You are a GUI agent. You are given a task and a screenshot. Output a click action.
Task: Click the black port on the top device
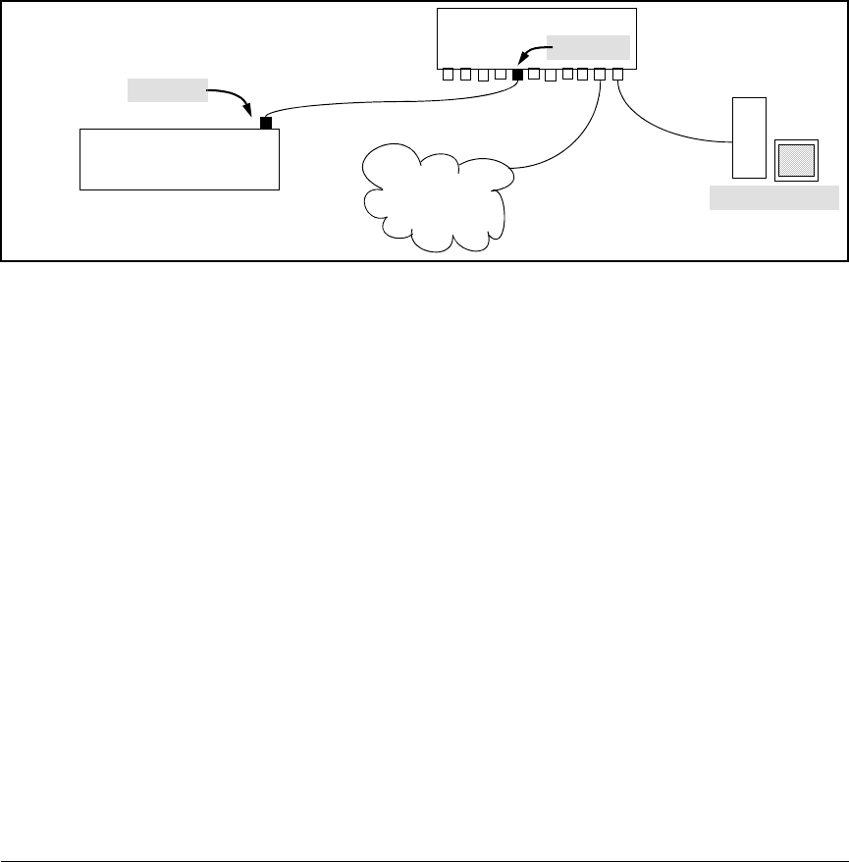click(518, 74)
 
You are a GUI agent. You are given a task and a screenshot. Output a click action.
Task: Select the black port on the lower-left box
click(265, 123)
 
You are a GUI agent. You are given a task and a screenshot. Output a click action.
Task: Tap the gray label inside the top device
click(588, 47)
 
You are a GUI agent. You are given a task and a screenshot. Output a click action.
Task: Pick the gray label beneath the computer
click(774, 199)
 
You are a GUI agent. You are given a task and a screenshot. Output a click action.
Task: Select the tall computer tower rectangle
click(749, 137)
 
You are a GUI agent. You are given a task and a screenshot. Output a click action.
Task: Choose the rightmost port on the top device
click(617, 74)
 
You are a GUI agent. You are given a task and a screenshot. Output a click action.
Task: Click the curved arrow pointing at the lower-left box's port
click(236, 99)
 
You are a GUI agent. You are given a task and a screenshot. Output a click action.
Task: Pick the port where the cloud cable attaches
click(600, 74)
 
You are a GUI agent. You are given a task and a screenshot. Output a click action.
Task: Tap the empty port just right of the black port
click(534, 74)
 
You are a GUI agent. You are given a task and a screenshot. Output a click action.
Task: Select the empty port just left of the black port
click(501, 74)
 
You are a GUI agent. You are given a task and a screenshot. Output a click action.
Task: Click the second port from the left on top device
click(465, 74)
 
